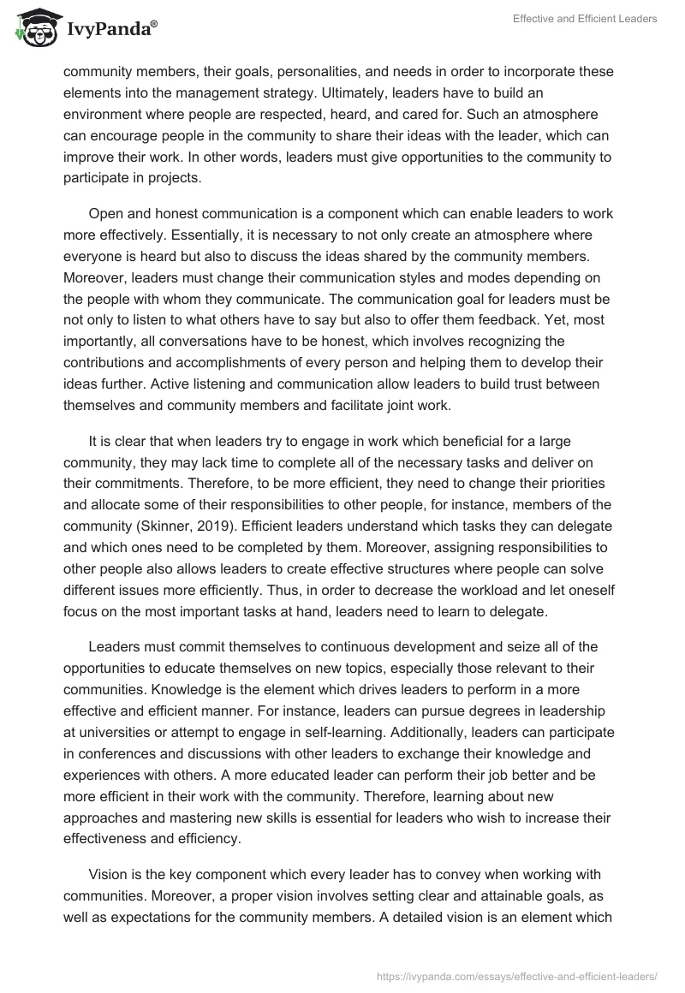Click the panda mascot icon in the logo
point(33,28)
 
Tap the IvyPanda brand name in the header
point(110,29)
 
